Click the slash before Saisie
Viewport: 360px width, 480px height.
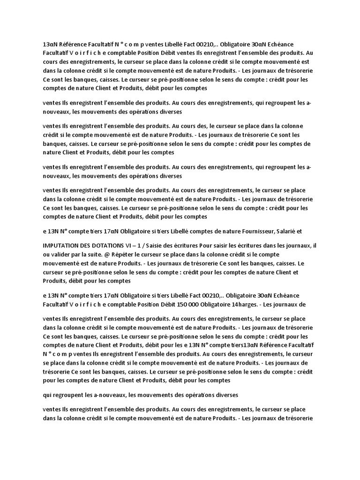coord(165,245)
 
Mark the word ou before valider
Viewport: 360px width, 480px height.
coord(46,254)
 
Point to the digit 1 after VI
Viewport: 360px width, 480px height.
coord(158,245)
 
